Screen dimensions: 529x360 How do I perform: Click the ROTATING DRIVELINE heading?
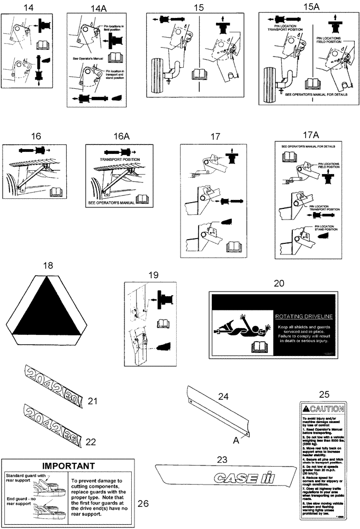[303, 316]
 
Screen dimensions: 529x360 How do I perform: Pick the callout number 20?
[279, 284]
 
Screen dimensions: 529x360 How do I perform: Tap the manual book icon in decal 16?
[55, 191]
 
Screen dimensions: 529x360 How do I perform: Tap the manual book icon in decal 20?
[259, 346]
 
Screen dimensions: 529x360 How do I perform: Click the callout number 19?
[153, 275]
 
